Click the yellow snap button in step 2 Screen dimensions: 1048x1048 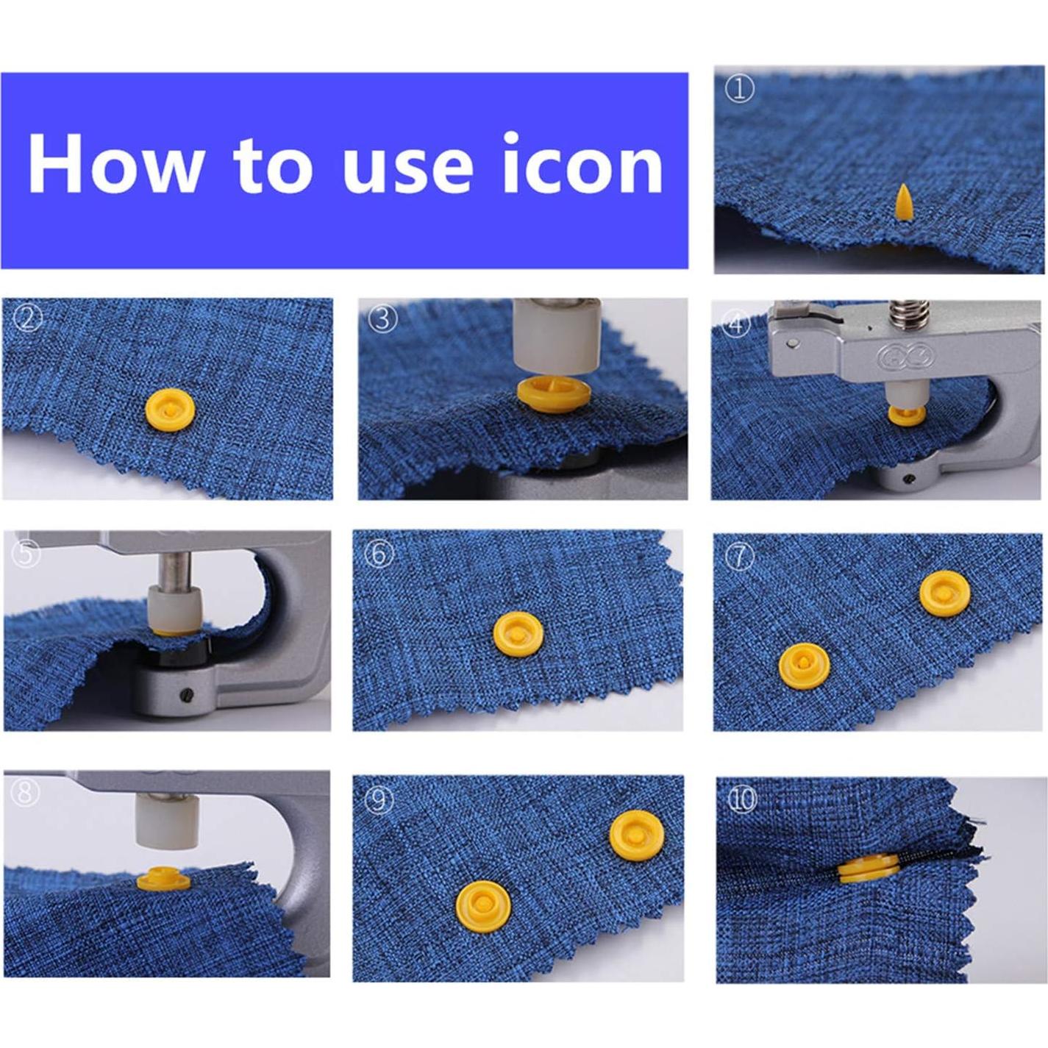point(170,410)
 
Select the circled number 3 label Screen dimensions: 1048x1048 point(382,318)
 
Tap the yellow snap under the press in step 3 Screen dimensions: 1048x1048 point(553,392)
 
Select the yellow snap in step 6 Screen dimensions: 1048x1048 point(518,634)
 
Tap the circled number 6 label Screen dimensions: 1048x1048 point(379,553)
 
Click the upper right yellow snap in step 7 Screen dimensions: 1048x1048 point(944,593)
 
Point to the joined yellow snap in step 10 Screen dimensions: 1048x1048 point(868,869)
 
